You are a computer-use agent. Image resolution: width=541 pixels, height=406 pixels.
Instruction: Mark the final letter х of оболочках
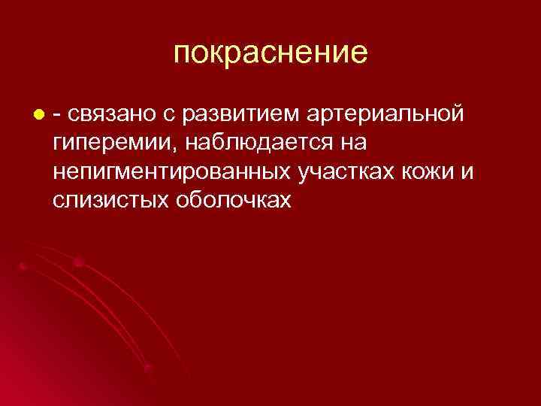coord(284,199)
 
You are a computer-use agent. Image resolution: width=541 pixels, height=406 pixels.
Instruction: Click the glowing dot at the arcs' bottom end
coord(148,368)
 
